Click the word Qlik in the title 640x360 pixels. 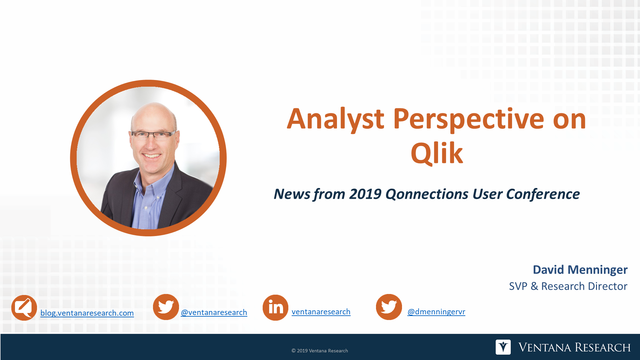437,154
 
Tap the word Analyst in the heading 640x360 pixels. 335,119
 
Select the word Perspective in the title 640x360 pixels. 468,119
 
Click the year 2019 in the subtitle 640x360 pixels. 365,194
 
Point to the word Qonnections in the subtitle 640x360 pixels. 427,194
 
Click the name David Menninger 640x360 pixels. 580,270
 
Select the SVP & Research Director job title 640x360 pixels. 568,286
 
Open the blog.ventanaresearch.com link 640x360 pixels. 87,313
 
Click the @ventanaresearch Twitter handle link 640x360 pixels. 214,312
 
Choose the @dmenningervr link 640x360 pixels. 436,312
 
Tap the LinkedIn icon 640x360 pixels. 275,307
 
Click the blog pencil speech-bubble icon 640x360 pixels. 24,308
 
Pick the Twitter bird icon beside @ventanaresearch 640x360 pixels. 166,307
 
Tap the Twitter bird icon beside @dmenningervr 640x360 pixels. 389,307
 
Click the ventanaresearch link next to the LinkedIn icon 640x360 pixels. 321,312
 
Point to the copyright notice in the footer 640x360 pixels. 320,351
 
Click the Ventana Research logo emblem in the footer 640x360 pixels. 503,347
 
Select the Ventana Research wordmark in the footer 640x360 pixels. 574,347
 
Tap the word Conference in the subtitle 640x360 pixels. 543,194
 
